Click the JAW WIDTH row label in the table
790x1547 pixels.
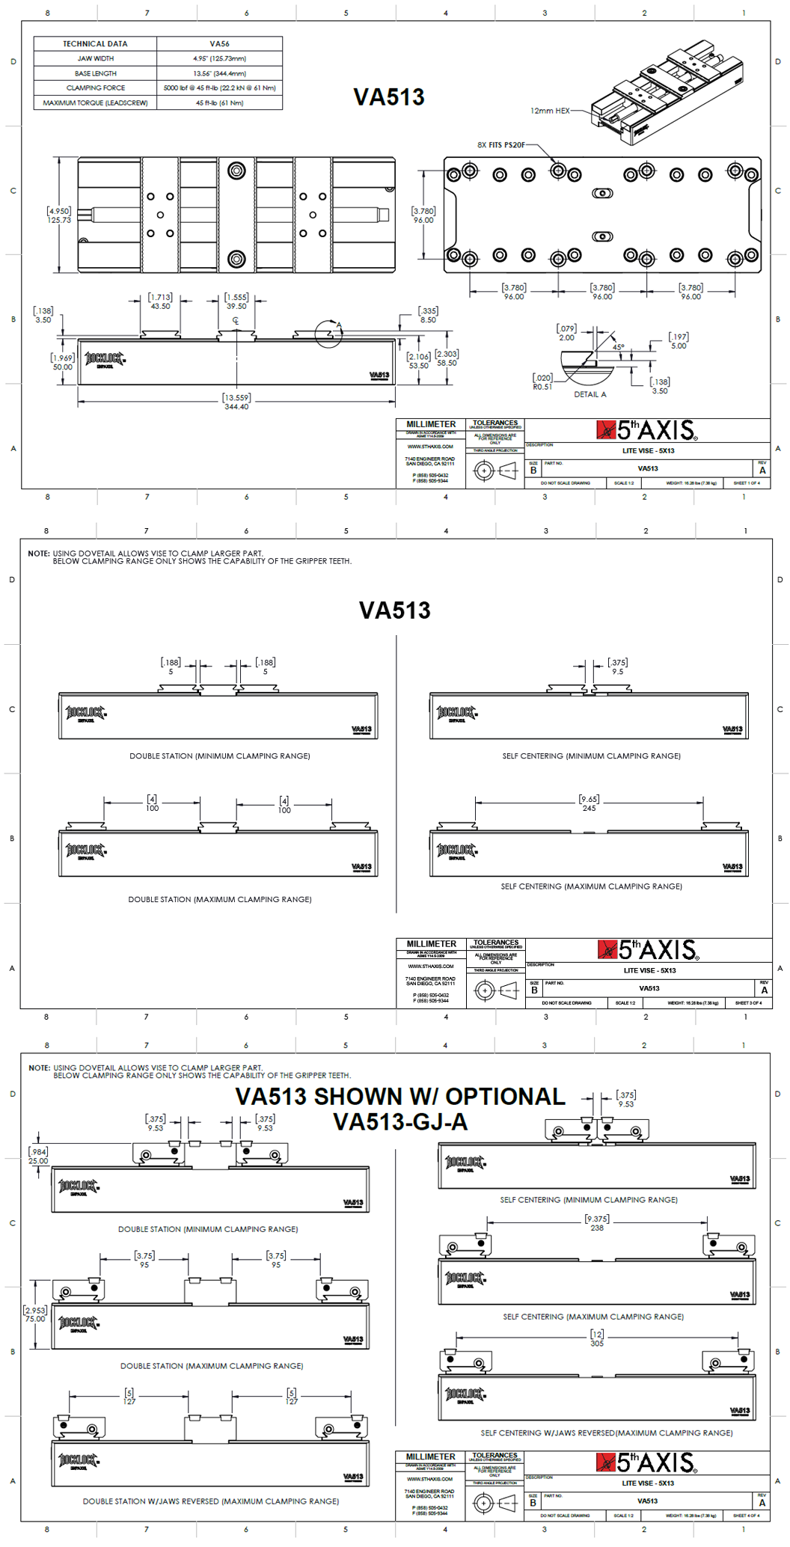95,58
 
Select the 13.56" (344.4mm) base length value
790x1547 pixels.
219,73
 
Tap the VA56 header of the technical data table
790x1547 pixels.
219,44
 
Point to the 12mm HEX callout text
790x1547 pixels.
550,111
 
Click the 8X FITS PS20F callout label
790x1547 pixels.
501,145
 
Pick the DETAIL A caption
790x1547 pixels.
590,394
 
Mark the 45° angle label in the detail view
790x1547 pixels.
618,347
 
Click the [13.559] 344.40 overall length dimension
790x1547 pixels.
236,402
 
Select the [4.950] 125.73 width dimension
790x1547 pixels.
59,215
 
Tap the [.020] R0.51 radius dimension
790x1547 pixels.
542,382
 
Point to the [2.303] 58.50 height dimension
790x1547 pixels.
447,358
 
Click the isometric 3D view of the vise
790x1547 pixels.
666,90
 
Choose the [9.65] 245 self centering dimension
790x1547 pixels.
590,803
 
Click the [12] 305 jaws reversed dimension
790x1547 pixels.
597,1338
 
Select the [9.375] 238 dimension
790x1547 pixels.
597,1223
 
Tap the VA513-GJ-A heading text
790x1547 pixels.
400,1122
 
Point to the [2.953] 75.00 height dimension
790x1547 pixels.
35,1314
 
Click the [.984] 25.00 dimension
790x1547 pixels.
38,1157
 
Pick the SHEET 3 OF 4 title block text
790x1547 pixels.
748,1002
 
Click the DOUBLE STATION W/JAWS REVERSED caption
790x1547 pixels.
210,1501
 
